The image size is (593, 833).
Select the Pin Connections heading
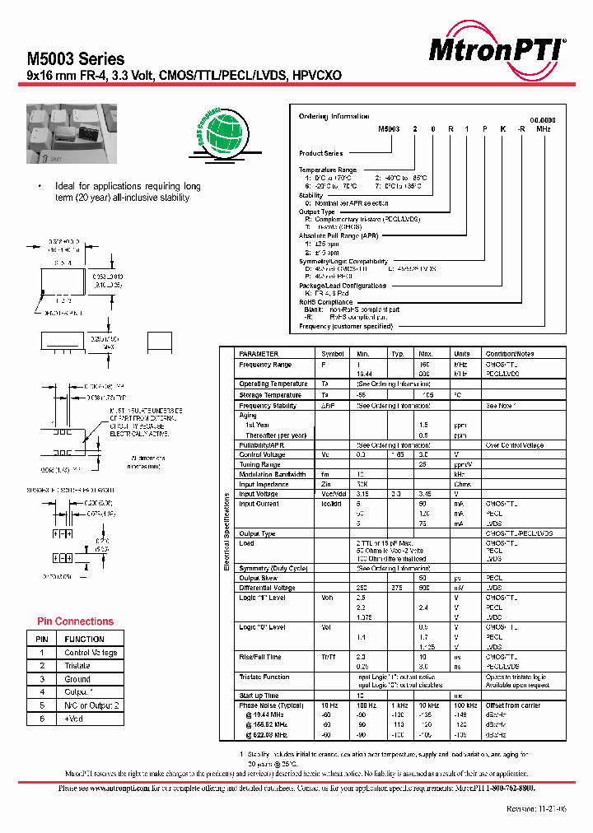pyautogui.click(x=76, y=621)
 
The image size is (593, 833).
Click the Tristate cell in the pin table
pyautogui.click(x=77, y=665)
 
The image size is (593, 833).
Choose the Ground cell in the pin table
pyautogui.click(x=77, y=679)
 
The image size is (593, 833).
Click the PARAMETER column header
pyautogui.click(x=259, y=353)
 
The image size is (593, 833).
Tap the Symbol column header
pyautogui.click(x=332, y=353)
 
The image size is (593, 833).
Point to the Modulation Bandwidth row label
pyautogui.click(x=273, y=474)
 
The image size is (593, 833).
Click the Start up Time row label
pyautogui.click(x=259, y=696)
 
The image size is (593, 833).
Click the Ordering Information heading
pyautogui.click(x=334, y=117)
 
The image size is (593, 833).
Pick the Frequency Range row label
pyautogui.click(x=265, y=364)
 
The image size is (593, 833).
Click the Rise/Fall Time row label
pyautogui.click(x=260, y=657)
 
